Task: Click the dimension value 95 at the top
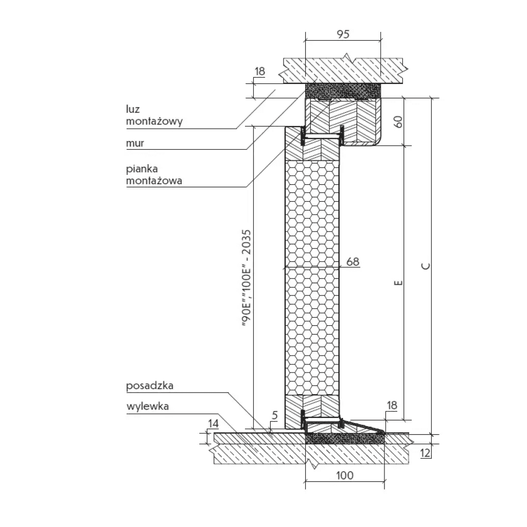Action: pos(343,34)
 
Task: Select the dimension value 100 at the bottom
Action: pos(344,475)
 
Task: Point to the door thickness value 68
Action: pos(353,261)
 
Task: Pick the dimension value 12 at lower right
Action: pos(425,453)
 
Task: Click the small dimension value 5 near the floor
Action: pos(275,415)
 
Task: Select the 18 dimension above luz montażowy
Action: pos(259,71)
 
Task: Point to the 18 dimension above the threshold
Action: pos(391,406)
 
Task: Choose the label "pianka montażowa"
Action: pos(154,174)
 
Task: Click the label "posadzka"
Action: pos(149,386)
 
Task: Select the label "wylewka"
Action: pos(148,406)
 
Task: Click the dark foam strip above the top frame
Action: pos(343,91)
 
